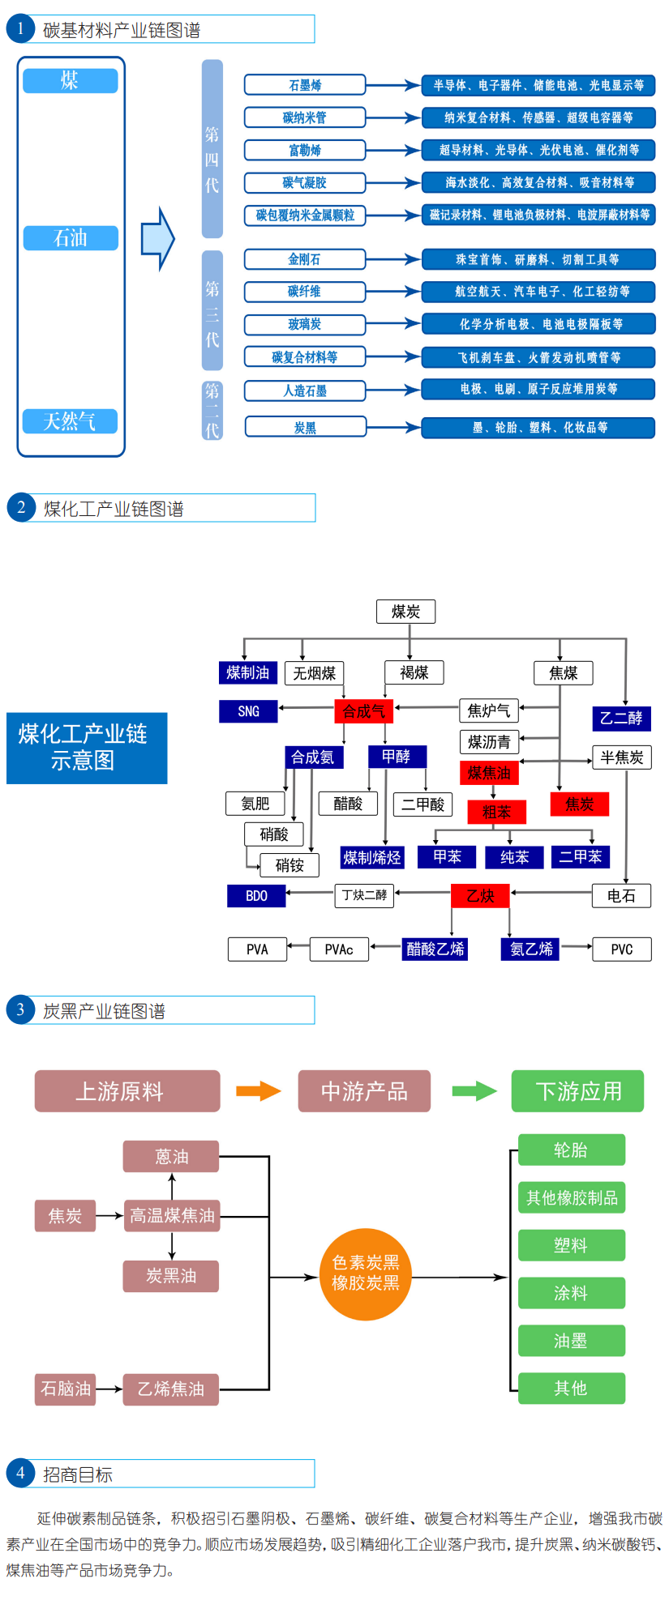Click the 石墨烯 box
(x=305, y=85)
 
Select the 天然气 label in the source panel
(x=70, y=421)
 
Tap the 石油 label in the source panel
(x=71, y=238)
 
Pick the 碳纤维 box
(x=305, y=292)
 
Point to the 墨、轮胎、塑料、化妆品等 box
(x=538, y=428)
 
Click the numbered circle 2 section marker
(x=20, y=508)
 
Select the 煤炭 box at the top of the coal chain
(x=405, y=612)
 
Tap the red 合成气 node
(x=363, y=711)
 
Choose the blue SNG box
(x=248, y=711)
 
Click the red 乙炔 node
(x=480, y=895)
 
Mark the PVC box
(x=621, y=949)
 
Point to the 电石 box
(x=621, y=895)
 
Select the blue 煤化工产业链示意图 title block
(x=87, y=748)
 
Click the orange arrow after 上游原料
(x=258, y=1091)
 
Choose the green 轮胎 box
(x=571, y=1150)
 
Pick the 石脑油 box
(x=66, y=1389)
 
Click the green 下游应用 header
(x=577, y=1091)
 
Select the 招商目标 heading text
(x=78, y=1474)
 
